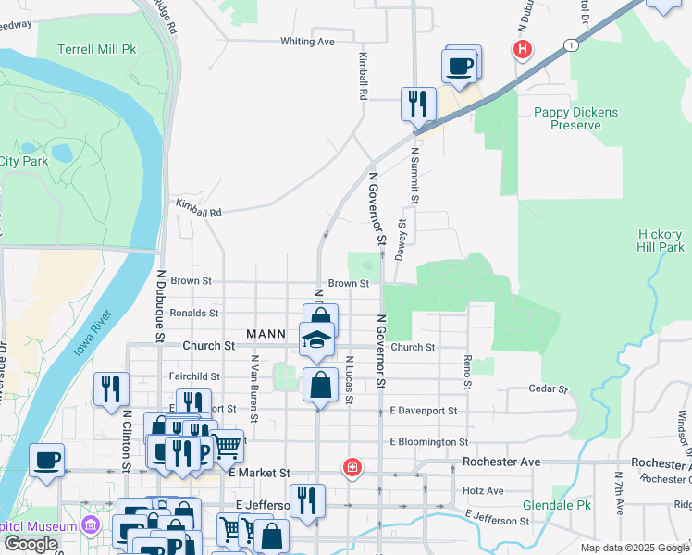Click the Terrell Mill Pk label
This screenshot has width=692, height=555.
click(96, 49)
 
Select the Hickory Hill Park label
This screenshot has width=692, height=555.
click(661, 240)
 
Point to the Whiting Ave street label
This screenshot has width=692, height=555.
click(307, 42)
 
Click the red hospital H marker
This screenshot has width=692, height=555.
click(523, 48)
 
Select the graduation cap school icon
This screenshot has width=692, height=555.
click(316, 338)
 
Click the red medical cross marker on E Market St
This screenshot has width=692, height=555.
click(351, 467)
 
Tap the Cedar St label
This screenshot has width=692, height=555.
click(546, 389)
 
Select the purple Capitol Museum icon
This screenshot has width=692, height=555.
click(90, 527)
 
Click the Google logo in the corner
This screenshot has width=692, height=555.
click(31, 544)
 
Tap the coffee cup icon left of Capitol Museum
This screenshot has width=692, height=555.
click(46, 460)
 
